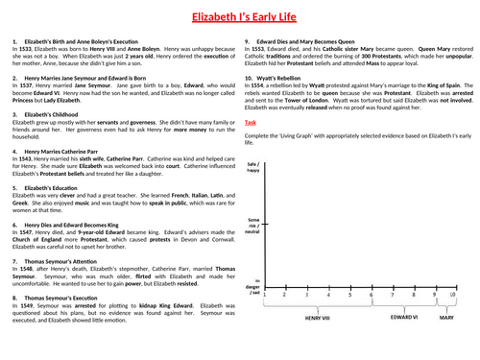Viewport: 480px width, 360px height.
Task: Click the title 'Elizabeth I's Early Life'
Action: [239, 16]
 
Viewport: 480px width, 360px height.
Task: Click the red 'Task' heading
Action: [250, 149]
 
